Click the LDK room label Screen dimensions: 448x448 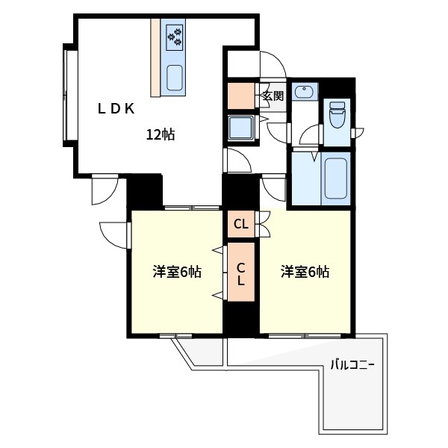(116, 108)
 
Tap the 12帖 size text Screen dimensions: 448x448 (161, 135)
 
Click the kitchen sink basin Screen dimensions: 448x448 (175, 77)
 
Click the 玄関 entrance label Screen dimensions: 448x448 (273, 96)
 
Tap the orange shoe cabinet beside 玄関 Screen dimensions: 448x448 (241, 96)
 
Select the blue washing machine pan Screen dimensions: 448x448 (241, 128)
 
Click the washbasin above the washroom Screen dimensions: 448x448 (304, 93)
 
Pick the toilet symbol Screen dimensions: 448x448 (337, 116)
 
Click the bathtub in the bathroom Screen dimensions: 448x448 (335, 178)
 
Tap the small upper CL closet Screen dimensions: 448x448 (240, 223)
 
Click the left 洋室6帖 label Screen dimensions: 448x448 (177, 273)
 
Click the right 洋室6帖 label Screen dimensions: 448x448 (305, 273)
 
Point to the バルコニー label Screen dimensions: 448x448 (352, 365)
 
